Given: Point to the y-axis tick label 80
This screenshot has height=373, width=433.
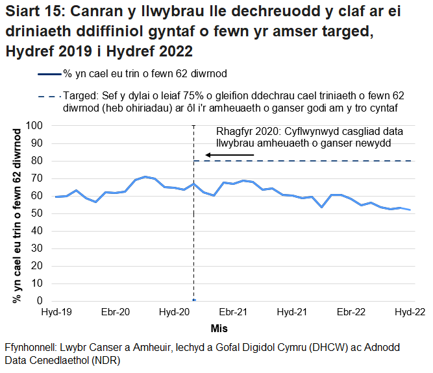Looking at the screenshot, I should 36,160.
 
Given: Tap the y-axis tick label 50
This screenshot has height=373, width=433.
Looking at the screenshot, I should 36,213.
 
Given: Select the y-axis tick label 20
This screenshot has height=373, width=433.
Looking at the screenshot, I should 36,266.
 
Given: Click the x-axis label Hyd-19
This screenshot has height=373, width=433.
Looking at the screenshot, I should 56,313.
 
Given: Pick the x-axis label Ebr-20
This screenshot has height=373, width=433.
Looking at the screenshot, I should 116,313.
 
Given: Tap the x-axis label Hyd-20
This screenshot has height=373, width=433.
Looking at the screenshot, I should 175,313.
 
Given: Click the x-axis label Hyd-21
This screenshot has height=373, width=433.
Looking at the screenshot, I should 292,313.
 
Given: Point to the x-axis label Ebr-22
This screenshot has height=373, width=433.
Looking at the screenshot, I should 351,313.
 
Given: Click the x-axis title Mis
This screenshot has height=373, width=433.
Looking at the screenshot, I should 219,328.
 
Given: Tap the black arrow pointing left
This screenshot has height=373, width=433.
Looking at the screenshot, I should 229,154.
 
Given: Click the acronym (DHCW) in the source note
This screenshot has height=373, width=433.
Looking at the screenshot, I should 307,347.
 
